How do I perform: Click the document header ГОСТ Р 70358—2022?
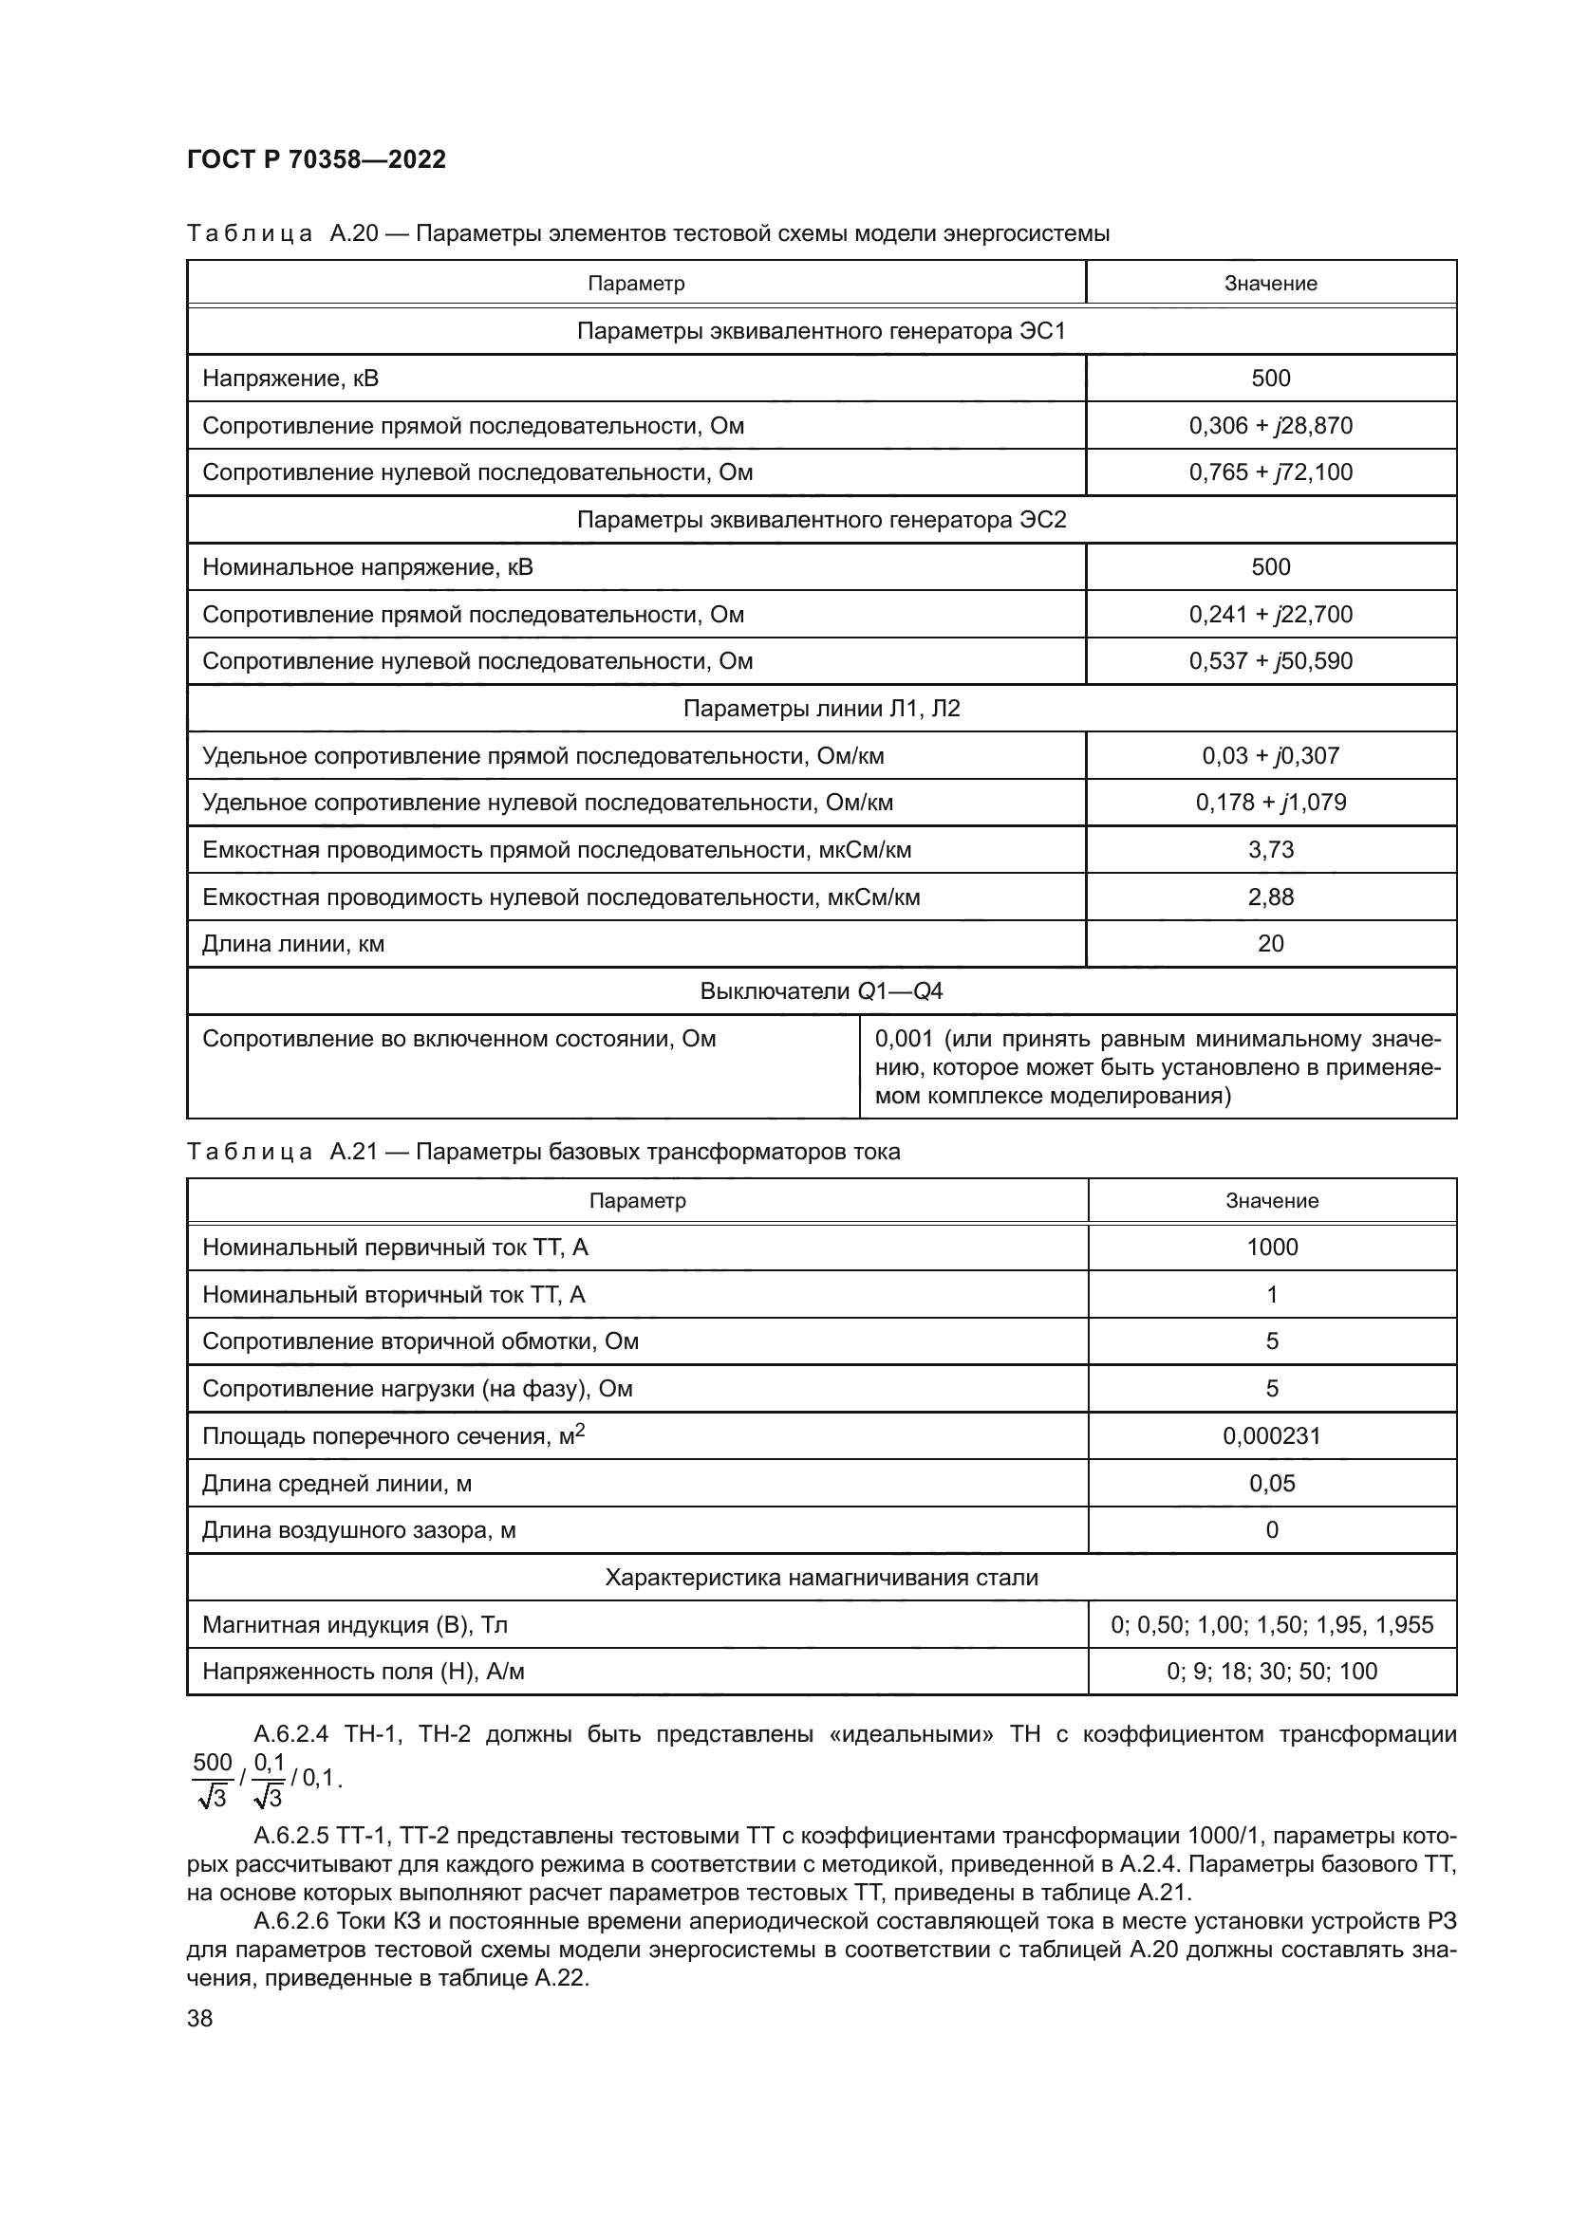click(x=316, y=160)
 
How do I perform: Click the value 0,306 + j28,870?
click(x=1270, y=425)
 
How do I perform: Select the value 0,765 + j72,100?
click(x=1270, y=472)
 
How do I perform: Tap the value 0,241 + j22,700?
click(x=1270, y=615)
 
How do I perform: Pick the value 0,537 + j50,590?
click(x=1270, y=661)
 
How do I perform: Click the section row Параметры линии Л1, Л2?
click(x=821, y=709)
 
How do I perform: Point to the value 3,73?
click(x=1270, y=849)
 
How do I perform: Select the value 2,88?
click(x=1270, y=897)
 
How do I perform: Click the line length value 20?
click(x=1270, y=944)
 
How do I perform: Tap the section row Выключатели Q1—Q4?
click(x=821, y=991)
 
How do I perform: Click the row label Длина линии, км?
click(x=293, y=944)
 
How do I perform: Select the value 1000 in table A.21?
click(x=1271, y=1248)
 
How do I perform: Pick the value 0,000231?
click(x=1271, y=1436)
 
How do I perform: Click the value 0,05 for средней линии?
click(x=1271, y=1484)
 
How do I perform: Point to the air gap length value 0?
click(x=1271, y=1530)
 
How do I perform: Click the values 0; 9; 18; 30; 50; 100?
click(x=1271, y=1671)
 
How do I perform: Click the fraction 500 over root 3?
click(x=212, y=1779)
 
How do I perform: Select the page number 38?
click(x=199, y=2018)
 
